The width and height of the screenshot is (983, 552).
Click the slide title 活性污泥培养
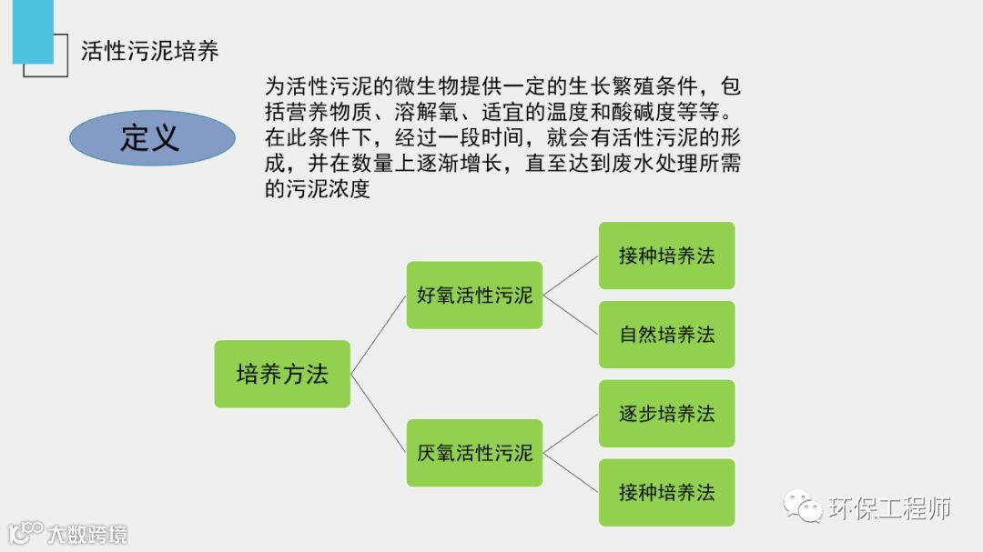(x=150, y=51)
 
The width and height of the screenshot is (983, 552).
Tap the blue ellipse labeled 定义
(x=151, y=138)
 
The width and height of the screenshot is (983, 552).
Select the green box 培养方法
(x=282, y=374)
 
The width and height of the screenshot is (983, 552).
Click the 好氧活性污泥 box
(x=474, y=295)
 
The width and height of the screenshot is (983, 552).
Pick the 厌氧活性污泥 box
(x=474, y=452)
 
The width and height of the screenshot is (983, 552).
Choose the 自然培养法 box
(x=666, y=335)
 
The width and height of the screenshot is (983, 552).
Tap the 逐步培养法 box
(x=666, y=414)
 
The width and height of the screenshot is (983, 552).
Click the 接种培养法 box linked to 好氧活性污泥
(x=666, y=256)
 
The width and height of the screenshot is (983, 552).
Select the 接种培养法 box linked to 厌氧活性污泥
(x=666, y=492)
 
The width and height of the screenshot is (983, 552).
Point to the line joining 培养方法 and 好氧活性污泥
(x=379, y=334)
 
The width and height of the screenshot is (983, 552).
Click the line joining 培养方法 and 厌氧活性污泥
(x=379, y=414)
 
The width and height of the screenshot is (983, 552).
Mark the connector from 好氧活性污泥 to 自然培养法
(x=571, y=315)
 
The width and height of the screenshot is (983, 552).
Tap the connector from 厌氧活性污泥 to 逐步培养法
(x=571, y=433)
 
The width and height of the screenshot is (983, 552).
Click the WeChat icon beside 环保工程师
(x=804, y=507)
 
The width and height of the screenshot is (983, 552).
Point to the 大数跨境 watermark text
(x=88, y=534)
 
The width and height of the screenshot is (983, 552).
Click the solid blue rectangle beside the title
(x=33, y=32)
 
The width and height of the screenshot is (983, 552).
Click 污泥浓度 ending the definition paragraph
(x=329, y=191)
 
